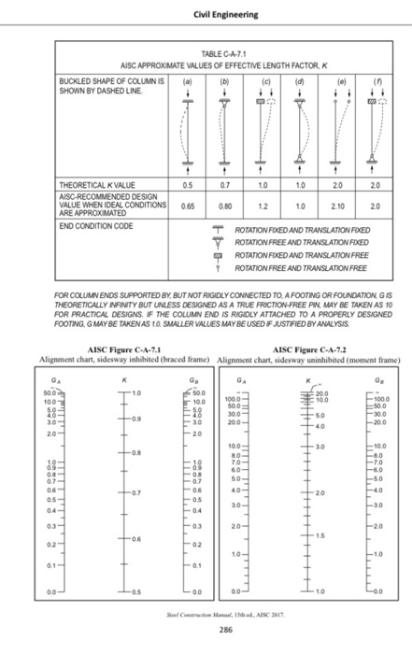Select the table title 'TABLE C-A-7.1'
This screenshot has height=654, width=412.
coord(206,55)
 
